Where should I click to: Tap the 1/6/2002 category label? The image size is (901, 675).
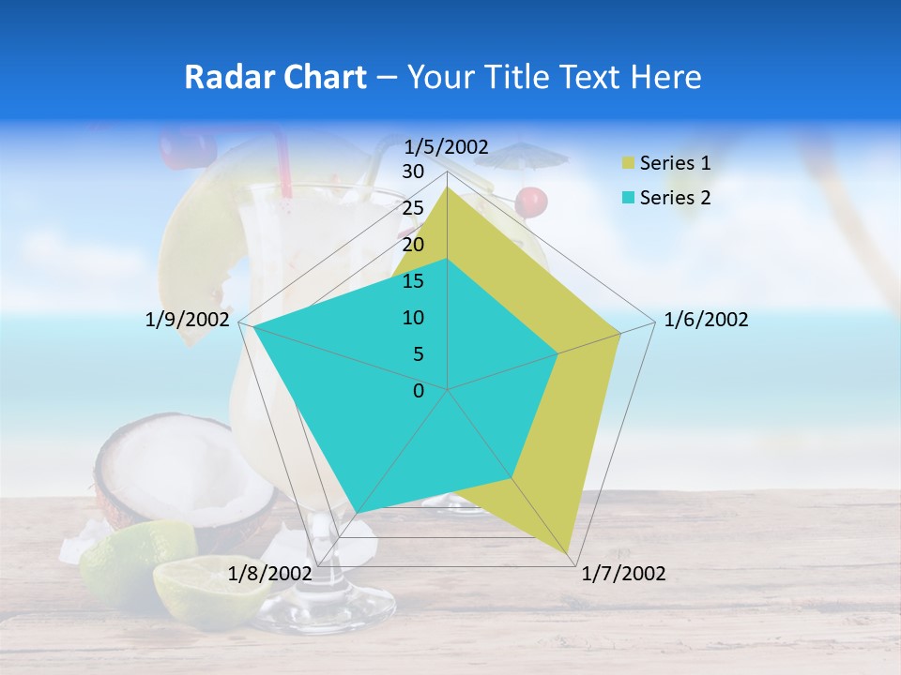click(706, 320)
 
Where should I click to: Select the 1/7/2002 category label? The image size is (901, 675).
click(623, 574)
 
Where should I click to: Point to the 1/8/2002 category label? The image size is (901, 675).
click(269, 574)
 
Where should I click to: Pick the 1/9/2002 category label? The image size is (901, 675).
click(188, 320)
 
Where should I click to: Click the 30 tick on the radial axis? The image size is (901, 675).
click(413, 172)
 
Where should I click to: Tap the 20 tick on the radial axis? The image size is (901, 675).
click(413, 245)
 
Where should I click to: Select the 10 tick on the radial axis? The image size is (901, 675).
click(413, 318)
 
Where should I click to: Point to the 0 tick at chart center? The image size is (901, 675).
click(419, 391)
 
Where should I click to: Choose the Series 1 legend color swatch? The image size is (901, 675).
click(628, 164)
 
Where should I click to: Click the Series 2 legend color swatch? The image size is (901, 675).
click(628, 198)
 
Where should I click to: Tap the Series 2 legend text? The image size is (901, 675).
click(675, 198)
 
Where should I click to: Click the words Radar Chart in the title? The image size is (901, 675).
click(275, 78)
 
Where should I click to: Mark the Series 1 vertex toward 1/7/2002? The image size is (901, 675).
click(569, 553)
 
